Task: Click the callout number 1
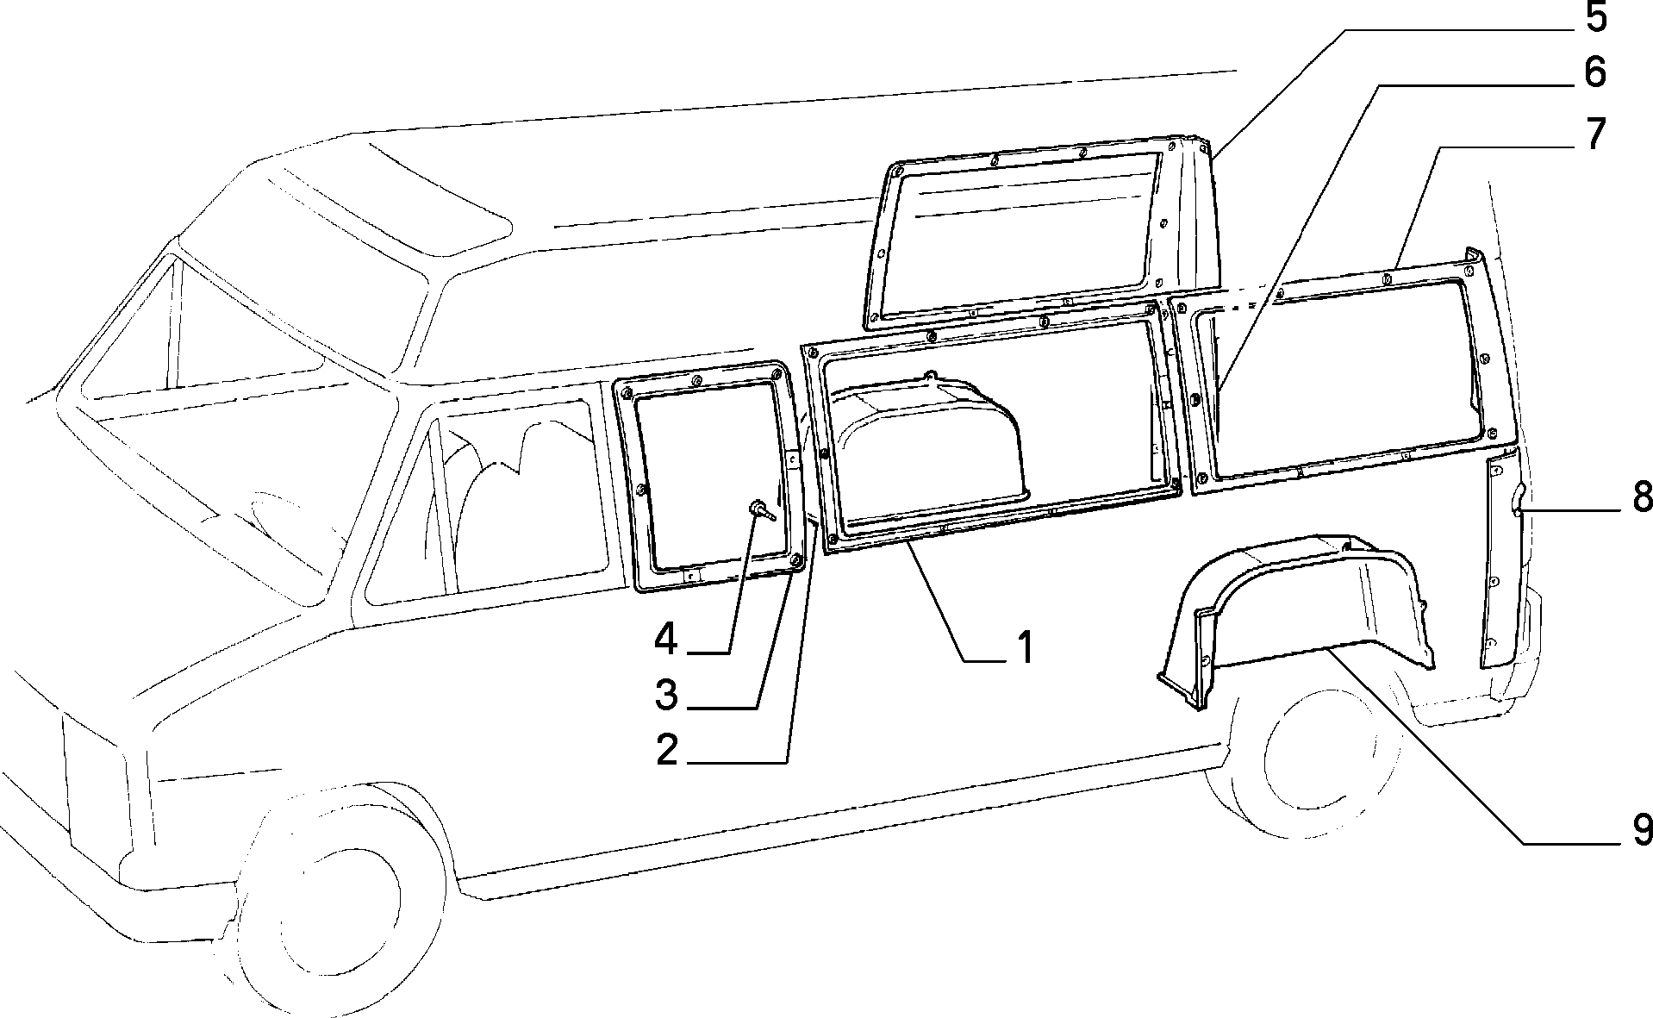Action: [x=1023, y=647]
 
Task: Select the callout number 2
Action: [x=666, y=750]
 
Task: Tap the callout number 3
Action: [x=666, y=695]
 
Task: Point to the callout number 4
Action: [x=666, y=640]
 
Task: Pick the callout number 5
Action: [x=1596, y=18]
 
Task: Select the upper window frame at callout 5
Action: [x=1043, y=233]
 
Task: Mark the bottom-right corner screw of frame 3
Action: [x=796, y=564]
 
